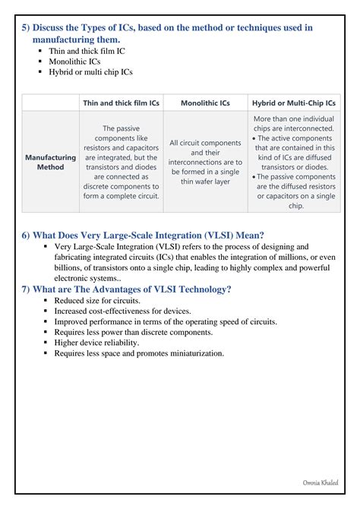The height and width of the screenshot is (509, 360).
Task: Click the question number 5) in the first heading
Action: point(26,27)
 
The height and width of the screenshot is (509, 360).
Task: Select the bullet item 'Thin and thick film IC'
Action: point(87,51)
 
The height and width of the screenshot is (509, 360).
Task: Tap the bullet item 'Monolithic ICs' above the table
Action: point(74,62)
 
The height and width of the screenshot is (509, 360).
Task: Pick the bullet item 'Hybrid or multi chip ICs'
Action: point(90,72)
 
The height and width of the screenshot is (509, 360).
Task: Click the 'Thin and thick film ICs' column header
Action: point(121,103)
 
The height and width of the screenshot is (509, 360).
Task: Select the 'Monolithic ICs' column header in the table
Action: point(205,103)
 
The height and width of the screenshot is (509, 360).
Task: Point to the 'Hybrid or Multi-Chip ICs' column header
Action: point(294,103)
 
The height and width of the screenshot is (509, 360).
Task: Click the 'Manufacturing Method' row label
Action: point(50,162)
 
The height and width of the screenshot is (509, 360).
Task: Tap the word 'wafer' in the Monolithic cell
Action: point(206,182)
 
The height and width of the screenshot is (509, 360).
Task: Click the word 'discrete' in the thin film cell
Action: point(98,187)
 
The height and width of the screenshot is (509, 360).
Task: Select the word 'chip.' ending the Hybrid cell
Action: point(296,206)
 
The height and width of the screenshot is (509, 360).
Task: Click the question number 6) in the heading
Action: point(26,236)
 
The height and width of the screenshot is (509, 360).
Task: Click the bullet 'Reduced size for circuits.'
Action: point(97,301)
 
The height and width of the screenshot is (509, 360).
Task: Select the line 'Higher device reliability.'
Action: point(96,343)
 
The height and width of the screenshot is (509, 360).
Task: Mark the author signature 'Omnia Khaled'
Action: point(321,482)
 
